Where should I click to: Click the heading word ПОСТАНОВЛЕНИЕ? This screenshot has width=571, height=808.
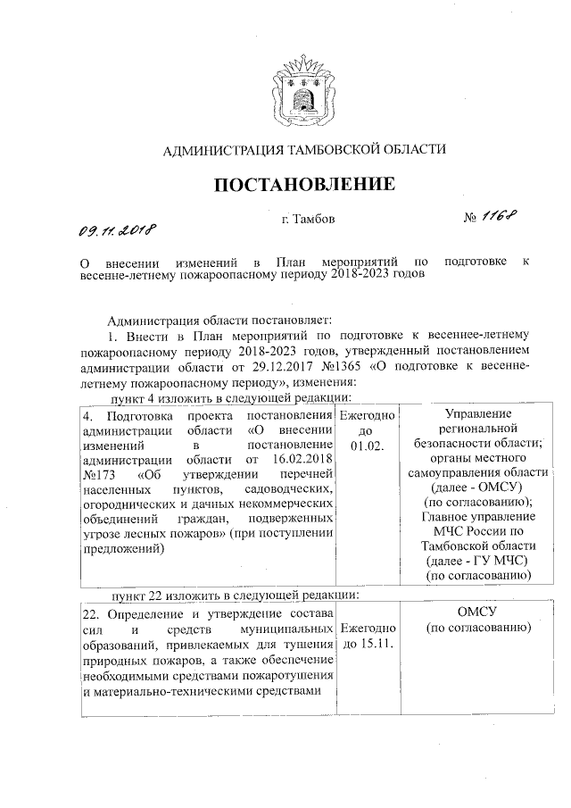303,185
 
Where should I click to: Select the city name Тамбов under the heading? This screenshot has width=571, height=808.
318,218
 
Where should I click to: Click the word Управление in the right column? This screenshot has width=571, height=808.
477,413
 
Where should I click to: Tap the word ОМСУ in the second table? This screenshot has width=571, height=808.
476,612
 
